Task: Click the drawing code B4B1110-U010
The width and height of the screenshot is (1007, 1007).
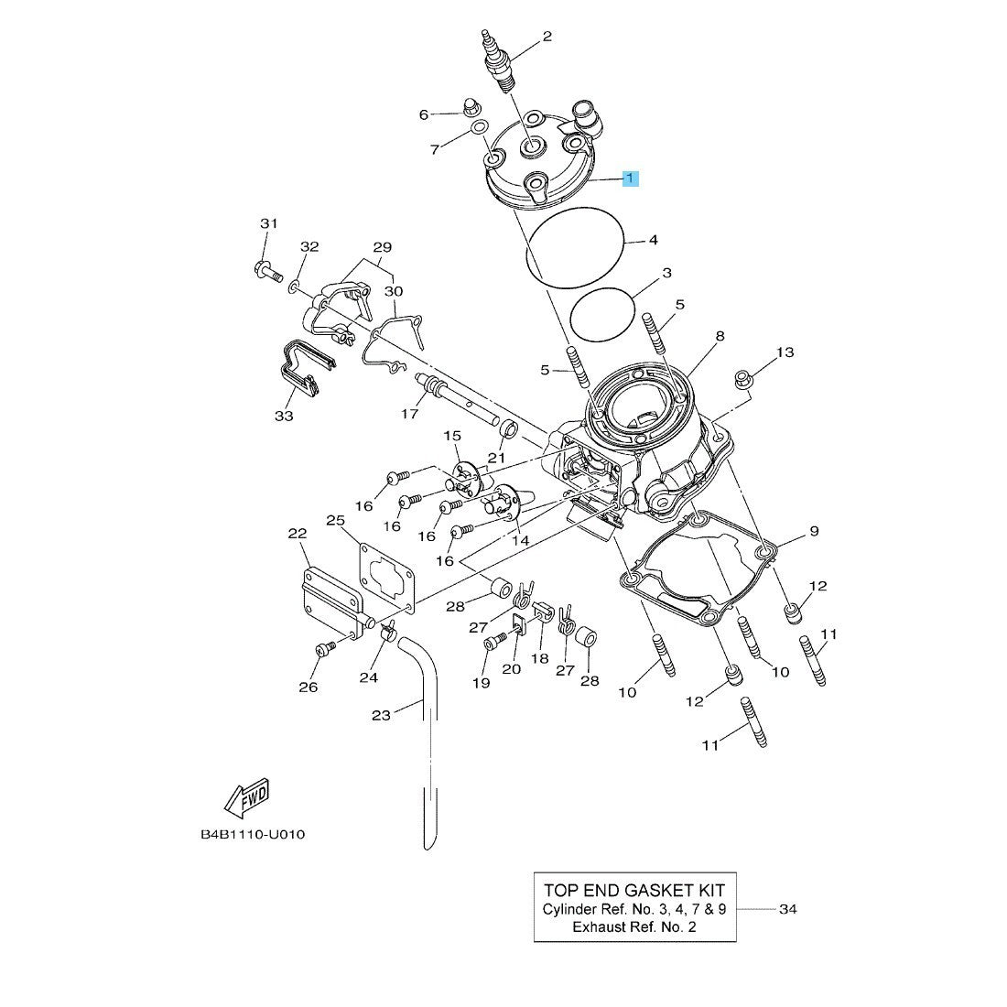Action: [252, 835]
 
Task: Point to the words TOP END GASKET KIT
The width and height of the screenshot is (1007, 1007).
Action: [633, 890]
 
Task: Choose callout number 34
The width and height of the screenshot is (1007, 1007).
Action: [787, 909]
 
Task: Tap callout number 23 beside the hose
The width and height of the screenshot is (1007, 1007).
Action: [381, 715]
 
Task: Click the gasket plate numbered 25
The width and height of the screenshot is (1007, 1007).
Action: [386, 578]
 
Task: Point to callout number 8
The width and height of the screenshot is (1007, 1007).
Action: [720, 336]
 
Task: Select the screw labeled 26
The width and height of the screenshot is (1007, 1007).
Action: [323, 649]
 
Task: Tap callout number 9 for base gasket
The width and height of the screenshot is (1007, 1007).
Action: [814, 531]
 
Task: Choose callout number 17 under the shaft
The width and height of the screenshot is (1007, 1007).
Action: [410, 413]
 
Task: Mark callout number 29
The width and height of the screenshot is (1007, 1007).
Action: [383, 247]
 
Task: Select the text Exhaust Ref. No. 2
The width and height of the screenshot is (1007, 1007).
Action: [633, 926]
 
